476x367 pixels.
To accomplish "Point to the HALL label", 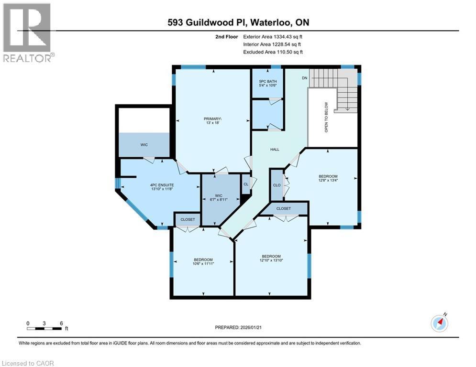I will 275,150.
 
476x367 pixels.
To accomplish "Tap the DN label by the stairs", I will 304,78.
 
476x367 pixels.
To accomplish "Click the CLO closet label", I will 277,185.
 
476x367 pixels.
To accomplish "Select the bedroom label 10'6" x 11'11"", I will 203,262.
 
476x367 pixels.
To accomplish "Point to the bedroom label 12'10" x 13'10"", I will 271,259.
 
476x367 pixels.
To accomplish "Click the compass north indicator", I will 439,323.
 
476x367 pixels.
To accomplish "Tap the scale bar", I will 44,328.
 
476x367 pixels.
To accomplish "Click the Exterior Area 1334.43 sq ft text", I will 273,36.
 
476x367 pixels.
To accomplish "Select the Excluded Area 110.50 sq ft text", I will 273,52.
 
